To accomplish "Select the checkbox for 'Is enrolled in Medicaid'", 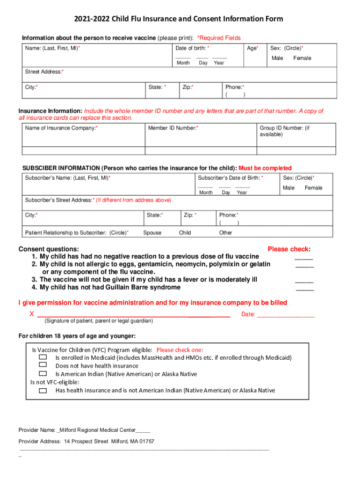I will [x=43, y=357].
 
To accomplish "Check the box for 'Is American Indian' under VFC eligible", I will [x=43, y=374].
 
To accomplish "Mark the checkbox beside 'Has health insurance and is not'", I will [x=43, y=390].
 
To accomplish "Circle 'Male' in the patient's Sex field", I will [x=277, y=58].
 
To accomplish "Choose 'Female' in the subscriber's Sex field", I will [x=314, y=188].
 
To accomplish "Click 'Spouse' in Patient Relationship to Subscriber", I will [x=152, y=232].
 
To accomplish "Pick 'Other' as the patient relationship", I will [x=225, y=232].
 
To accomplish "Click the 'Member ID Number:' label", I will [x=173, y=128].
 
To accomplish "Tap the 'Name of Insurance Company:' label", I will [x=61, y=128].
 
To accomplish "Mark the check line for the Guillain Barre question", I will [x=305, y=289].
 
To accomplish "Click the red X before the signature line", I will [x=31, y=314].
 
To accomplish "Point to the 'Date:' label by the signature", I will [x=248, y=314].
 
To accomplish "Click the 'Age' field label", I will [x=252, y=48].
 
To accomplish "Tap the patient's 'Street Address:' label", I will [x=44, y=72].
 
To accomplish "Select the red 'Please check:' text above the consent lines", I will [x=289, y=249].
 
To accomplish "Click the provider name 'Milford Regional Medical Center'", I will [x=97, y=430].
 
